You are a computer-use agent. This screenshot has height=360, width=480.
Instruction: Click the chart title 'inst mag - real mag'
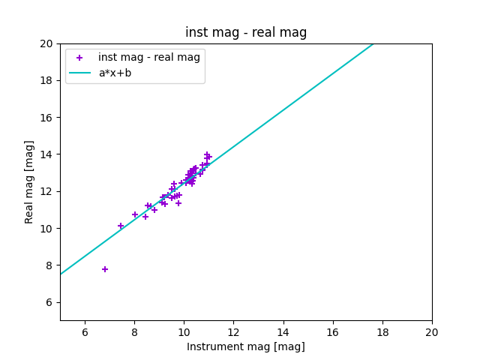pos(246,32)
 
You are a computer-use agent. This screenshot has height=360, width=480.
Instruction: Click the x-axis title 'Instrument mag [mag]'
pos(246,346)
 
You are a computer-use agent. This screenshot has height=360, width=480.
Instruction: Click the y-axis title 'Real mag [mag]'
pos(29,181)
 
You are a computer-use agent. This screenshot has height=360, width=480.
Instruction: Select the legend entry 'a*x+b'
pos(115,73)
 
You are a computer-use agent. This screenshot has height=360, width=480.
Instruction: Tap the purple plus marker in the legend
pos(79,57)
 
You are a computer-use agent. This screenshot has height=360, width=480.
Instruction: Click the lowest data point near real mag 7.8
pos(105,269)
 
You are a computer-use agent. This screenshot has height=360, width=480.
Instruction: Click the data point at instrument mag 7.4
pos(121,226)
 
